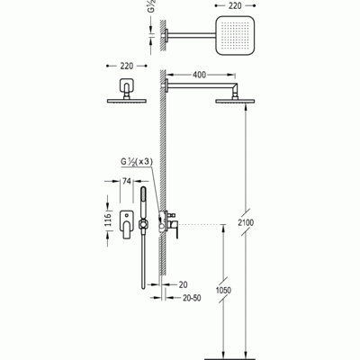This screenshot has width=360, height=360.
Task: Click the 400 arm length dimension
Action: [x=199, y=75]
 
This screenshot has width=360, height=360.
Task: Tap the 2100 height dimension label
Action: [x=246, y=222]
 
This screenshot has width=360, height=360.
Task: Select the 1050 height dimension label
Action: [x=223, y=290]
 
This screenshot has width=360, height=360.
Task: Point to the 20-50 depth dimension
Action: [x=192, y=298]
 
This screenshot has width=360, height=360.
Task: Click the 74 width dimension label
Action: [x=127, y=181]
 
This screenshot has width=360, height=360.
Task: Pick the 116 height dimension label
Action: [x=108, y=220]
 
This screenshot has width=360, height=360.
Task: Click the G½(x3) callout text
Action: [x=137, y=161]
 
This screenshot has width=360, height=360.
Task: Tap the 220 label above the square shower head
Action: [x=235, y=5]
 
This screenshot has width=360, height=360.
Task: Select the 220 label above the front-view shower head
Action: [x=127, y=66]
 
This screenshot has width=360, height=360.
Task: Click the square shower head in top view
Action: [x=235, y=35]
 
